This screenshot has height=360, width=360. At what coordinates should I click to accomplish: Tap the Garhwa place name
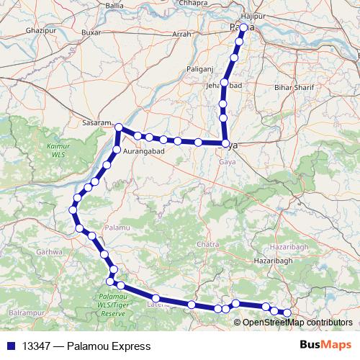point(49,252)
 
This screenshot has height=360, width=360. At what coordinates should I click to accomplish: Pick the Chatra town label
point(207,245)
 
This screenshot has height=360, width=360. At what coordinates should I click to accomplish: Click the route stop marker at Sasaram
point(120,128)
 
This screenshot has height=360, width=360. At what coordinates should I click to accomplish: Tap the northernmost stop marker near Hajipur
point(243,27)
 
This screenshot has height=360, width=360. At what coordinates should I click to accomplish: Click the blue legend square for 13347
point(9,346)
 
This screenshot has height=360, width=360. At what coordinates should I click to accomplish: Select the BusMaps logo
point(325,346)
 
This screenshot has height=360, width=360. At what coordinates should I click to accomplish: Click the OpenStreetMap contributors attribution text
point(297,322)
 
